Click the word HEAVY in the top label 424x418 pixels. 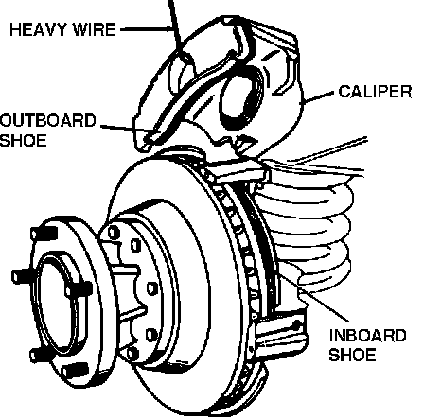[x=39, y=29]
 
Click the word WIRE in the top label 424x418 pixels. [x=94, y=29]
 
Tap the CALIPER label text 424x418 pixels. [x=375, y=92]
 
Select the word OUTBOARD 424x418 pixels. [x=47, y=121]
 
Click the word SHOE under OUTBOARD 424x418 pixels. [x=23, y=140]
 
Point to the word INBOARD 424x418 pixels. [x=367, y=336]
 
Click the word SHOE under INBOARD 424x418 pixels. [x=352, y=355]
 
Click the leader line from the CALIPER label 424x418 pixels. [x=317, y=97]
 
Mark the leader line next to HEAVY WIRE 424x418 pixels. [x=148, y=29]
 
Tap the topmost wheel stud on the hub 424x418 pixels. [x=44, y=234]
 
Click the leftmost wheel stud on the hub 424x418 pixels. [x=22, y=276]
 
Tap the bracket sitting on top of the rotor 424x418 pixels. [x=238, y=172]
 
